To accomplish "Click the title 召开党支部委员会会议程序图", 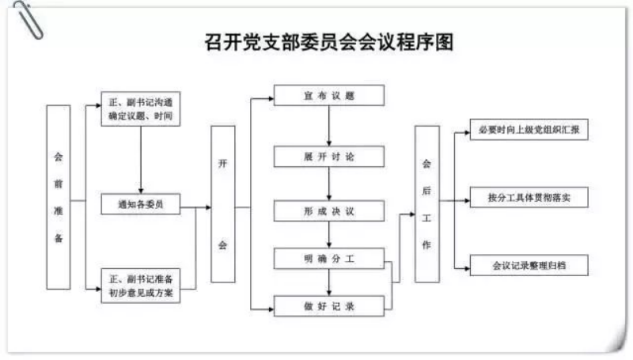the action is [329, 43].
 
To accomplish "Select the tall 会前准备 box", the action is [59, 197].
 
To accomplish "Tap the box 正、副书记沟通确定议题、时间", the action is [141, 109].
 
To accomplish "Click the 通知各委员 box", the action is [141, 204].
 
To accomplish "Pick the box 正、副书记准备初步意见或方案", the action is [141, 286].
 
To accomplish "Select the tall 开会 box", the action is [223, 204].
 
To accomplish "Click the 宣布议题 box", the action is [329, 95].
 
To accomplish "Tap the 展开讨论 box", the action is [329, 157].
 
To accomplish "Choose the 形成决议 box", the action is [329, 210].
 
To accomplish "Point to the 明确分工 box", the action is [329, 259].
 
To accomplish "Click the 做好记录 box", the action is [329, 306].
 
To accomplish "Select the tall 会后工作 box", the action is [427, 204].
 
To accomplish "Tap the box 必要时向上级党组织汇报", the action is [529, 130].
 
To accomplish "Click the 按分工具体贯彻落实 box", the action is [529, 197].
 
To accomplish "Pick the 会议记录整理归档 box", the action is [529, 265].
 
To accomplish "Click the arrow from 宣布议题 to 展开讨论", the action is [329, 126].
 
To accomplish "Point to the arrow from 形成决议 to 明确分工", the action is [329, 234].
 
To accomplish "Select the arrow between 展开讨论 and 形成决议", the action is [329, 184].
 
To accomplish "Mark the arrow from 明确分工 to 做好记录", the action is [329, 282].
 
